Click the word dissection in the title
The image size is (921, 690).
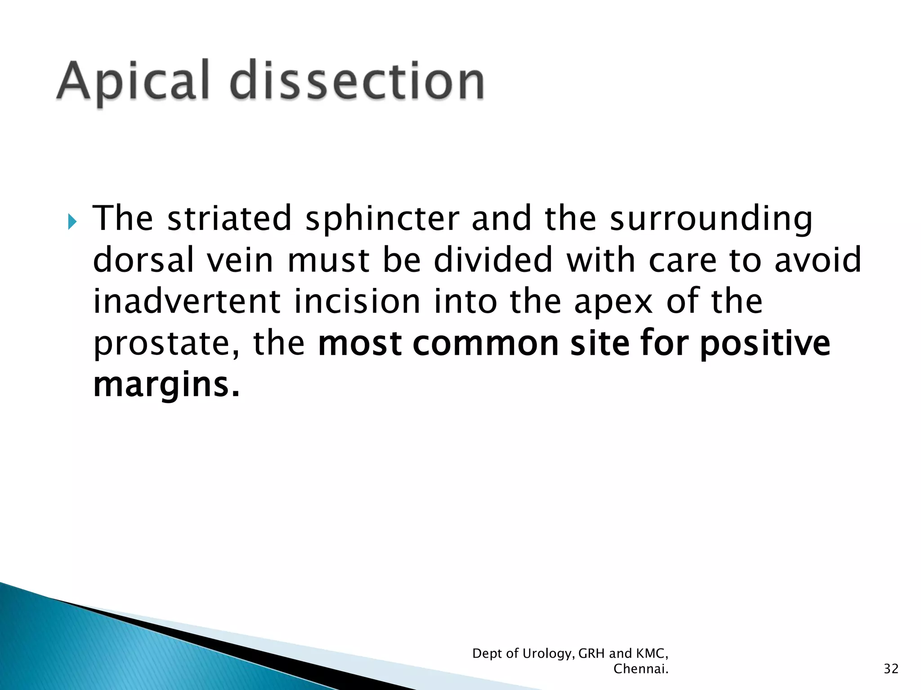pyautogui.click(x=358, y=81)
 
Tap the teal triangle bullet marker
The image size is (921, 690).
pyautogui.click(x=72, y=221)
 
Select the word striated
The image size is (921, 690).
pyautogui.click(x=229, y=218)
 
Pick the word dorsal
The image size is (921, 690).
pyautogui.click(x=143, y=260)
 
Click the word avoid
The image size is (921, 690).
pyautogui.click(x=818, y=260)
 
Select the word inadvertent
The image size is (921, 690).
pyautogui.click(x=187, y=301)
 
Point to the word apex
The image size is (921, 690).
pyautogui.click(x=613, y=301)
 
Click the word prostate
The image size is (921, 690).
pyautogui.click(x=164, y=344)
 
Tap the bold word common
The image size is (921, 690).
pyautogui.click(x=486, y=343)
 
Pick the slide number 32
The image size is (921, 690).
pyautogui.click(x=891, y=669)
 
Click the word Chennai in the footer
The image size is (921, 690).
pyautogui.click(x=640, y=669)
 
